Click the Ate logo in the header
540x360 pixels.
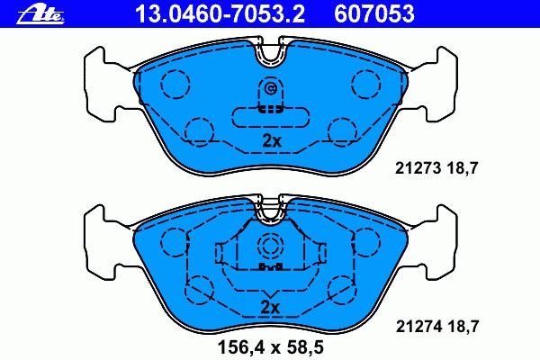tap(40, 14)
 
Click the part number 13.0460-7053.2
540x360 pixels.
tap(220, 13)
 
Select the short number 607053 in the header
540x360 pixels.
tap(374, 13)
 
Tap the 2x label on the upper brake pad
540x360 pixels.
tap(272, 141)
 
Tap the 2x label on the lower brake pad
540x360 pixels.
tap(270, 307)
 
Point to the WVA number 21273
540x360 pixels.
tap(418, 168)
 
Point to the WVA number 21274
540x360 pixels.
tap(418, 326)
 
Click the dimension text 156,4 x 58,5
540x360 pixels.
tap(271, 347)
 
